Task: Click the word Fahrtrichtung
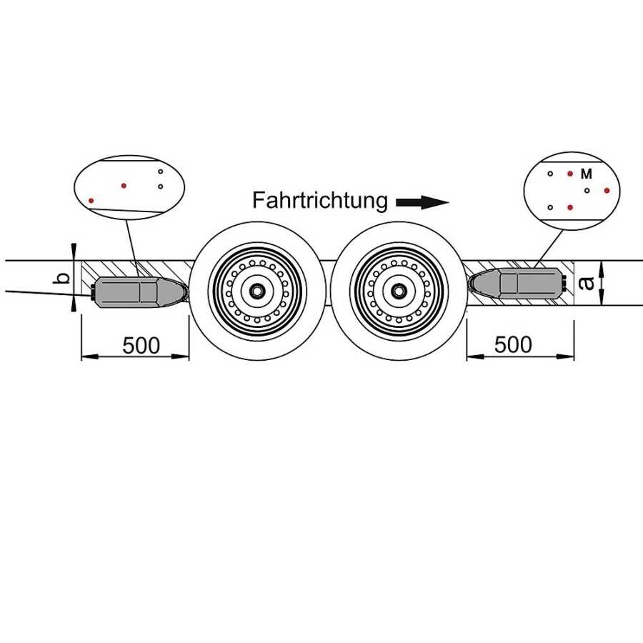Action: point(319,201)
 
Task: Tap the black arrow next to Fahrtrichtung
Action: point(422,203)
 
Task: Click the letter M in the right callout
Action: point(587,174)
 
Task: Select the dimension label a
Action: point(588,284)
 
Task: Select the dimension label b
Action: point(63,277)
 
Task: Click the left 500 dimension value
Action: point(141,345)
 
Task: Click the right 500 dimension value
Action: point(513,344)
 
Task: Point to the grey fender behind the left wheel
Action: point(136,291)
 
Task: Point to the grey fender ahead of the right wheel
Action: point(518,284)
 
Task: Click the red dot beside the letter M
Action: point(570,174)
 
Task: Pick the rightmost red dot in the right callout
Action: point(607,190)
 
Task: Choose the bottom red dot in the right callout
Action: point(570,207)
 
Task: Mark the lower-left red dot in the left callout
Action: point(91,201)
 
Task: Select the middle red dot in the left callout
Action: point(124,186)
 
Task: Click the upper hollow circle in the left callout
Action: point(160,171)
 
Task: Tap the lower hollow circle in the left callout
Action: point(160,186)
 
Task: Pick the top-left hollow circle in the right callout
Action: point(549,174)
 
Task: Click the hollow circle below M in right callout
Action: point(587,191)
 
